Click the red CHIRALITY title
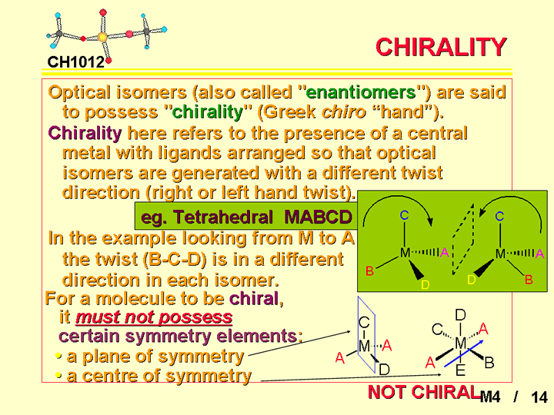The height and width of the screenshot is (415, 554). pyautogui.click(x=441, y=47)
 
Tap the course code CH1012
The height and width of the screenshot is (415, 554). pyautogui.click(x=76, y=62)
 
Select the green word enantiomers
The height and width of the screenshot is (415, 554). pyautogui.click(x=360, y=92)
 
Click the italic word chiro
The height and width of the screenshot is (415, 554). pyautogui.click(x=343, y=112)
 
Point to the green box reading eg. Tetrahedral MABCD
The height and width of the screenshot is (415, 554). pyautogui.click(x=246, y=216)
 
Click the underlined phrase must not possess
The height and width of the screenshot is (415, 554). pyautogui.click(x=154, y=317)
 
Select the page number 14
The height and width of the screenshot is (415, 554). pyautogui.click(x=539, y=397)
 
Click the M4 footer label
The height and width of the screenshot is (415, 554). pyautogui.click(x=490, y=397)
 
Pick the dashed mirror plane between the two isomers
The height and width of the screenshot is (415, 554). pyautogui.click(x=463, y=239)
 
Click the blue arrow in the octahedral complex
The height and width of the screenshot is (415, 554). pyautogui.click(x=463, y=354)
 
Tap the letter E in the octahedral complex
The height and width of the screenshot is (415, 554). pyautogui.click(x=460, y=370)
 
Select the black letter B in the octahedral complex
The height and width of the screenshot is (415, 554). pyautogui.click(x=489, y=363)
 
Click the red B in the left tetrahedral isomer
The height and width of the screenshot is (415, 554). pyautogui.click(x=369, y=271)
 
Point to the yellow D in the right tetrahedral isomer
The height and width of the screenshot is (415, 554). pyautogui.click(x=472, y=280)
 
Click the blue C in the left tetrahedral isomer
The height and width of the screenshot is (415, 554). pyautogui.click(x=405, y=215)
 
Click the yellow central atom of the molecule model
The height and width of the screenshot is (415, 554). pyautogui.click(x=102, y=36)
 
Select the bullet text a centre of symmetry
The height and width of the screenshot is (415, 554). pyautogui.click(x=159, y=376)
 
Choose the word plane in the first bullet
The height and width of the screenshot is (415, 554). pyautogui.click(x=105, y=357)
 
